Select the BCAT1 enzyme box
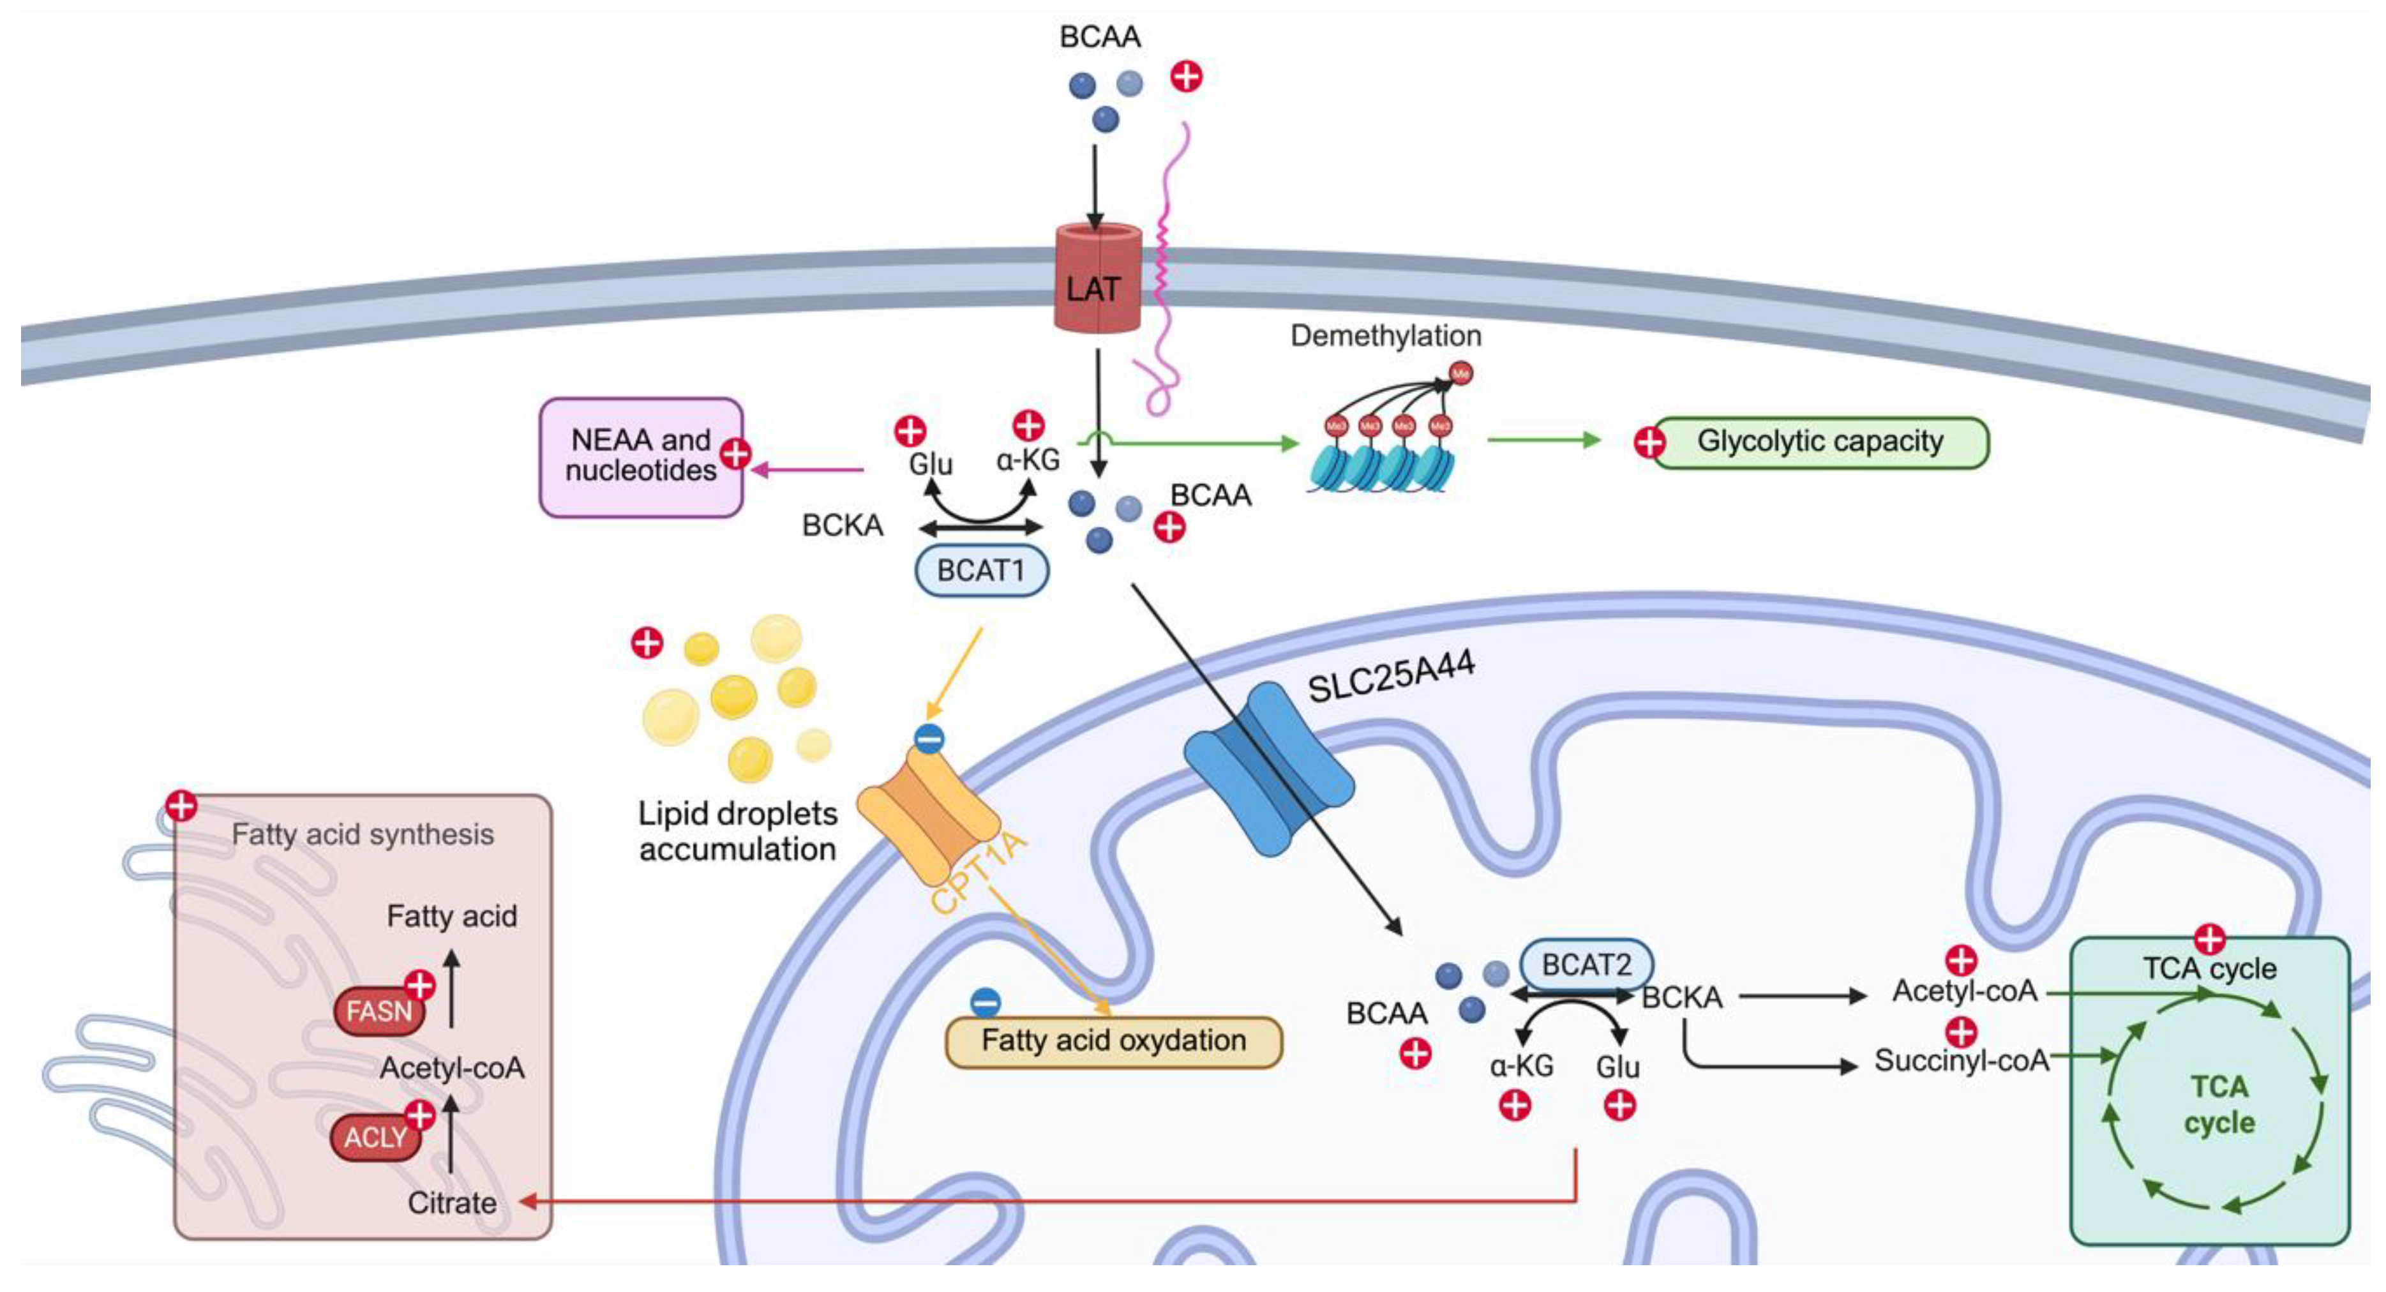[981, 571]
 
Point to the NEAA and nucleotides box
[640, 456]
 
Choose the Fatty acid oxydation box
[1113, 1042]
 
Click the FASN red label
[379, 1011]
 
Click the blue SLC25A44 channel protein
[1269, 769]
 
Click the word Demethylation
[1386, 335]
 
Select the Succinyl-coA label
[1962, 1060]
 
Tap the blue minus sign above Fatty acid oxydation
[985, 1003]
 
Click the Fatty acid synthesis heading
[362, 834]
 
